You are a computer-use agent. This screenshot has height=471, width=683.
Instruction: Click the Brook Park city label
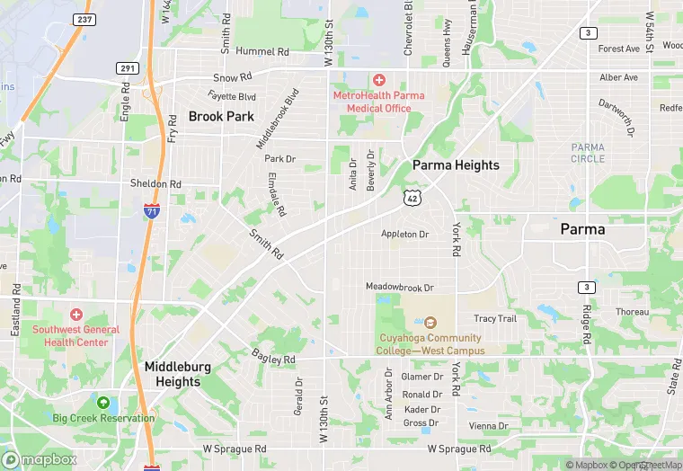click(221, 116)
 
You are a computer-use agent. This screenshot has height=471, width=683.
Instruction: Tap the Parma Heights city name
click(456, 165)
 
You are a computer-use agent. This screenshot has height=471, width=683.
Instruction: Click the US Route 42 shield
click(412, 197)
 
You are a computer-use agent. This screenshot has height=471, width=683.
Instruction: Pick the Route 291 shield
click(127, 67)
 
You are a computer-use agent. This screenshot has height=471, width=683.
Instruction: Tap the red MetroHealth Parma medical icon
click(378, 82)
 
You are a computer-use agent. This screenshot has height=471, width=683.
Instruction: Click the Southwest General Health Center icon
click(76, 315)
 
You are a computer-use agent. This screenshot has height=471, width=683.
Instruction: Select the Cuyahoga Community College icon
click(430, 323)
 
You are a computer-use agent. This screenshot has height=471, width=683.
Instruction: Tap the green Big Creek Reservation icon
click(103, 404)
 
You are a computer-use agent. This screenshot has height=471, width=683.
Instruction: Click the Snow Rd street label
click(232, 78)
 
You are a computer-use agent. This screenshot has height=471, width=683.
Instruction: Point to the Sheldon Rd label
click(156, 183)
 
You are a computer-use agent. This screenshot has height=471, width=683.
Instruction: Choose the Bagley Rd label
click(273, 359)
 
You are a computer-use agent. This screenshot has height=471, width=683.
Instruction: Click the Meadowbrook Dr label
click(399, 287)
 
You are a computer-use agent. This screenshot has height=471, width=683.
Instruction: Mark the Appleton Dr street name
click(405, 234)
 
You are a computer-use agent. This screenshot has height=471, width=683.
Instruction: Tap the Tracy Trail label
click(495, 318)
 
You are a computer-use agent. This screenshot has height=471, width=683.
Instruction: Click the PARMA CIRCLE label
click(588, 153)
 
